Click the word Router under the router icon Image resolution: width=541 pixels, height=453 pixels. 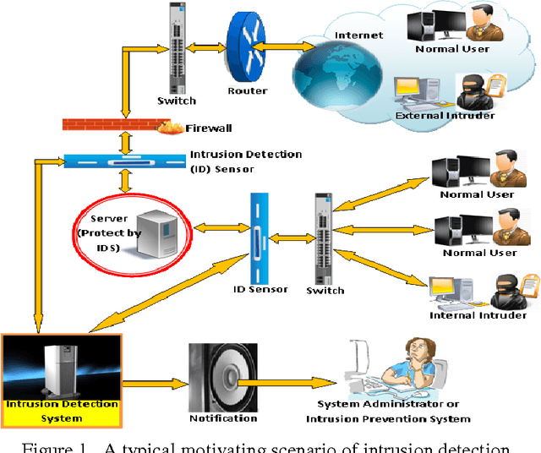(248, 90)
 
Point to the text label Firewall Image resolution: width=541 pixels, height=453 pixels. (209, 128)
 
